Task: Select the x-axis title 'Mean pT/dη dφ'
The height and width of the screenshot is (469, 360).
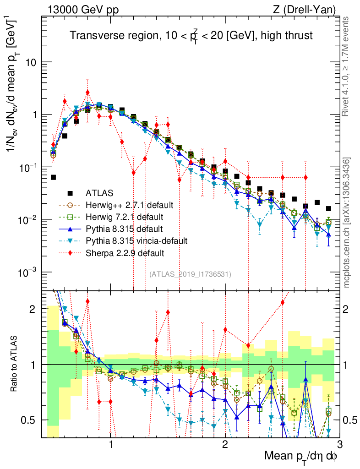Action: pos(301,457)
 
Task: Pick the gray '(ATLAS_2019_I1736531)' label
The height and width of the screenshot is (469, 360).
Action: pos(190,274)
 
